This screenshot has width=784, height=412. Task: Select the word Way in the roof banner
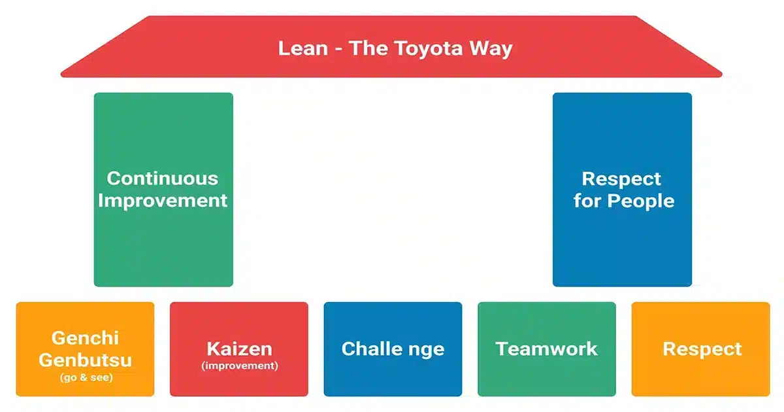(492, 48)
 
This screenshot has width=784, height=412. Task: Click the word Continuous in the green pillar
(163, 178)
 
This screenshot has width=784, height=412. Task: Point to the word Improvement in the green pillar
(163, 200)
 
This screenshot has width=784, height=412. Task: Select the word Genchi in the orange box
(85, 339)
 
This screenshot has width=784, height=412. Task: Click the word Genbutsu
(85, 360)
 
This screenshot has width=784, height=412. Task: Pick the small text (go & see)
(85, 377)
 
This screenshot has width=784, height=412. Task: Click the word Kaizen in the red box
(239, 348)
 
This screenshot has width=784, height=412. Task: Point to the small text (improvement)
(239, 366)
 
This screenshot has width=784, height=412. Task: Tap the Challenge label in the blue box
(393, 349)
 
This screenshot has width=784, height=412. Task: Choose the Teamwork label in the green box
(547, 349)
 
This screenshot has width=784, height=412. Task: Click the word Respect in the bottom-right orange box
(702, 349)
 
